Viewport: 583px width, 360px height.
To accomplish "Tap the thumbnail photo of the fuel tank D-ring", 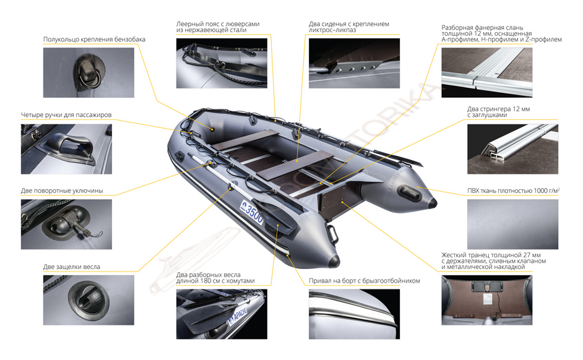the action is (x=89, y=72).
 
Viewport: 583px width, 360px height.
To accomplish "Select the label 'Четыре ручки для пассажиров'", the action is (x=66, y=115).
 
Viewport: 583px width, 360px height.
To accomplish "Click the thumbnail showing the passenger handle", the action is (x=66, y=149).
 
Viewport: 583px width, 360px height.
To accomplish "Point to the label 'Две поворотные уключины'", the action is (x=62, y=191).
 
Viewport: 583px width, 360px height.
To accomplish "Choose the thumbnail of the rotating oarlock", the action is (x=66, y=225).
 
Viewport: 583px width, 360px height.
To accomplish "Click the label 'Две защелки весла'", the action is (x=71, y=267).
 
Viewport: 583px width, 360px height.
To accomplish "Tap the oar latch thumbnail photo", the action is (x=89, y=300).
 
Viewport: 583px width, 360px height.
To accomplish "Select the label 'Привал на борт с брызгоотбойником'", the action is (x=365, y=281).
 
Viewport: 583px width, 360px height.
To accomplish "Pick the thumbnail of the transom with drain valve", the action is (x=487, y=300).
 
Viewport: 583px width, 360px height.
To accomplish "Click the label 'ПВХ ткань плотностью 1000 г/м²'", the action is (x=514, y=191).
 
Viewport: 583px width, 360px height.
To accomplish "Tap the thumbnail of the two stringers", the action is (x=512, y=149).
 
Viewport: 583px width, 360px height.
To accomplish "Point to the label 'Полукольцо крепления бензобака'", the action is (x=94, y=40).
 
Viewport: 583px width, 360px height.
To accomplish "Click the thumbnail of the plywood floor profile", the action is (x=487, y=72).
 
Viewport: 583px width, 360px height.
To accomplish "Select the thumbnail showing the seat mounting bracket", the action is (x=355, y=63).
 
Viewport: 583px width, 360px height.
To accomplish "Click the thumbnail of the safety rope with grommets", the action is (x=222, y=63).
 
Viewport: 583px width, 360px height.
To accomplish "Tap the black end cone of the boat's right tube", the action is (x=433, y=203).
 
